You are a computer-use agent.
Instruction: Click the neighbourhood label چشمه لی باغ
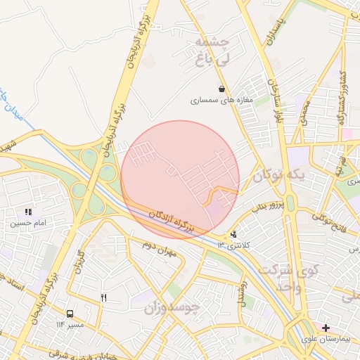tap(212, 51)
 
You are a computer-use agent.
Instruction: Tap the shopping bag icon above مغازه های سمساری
tap(222, 89)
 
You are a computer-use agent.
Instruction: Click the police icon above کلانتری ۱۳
tap(233, 234)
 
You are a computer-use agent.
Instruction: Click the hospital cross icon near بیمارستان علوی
tap(326, 328)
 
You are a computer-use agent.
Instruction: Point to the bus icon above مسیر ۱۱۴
tap(70, 314)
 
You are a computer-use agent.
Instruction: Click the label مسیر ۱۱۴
tap(70, 325)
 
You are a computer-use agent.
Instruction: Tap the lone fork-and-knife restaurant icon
tap(104, 297)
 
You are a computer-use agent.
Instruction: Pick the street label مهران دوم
tap(157, 245)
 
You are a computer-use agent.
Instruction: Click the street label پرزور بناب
tap(267, 205)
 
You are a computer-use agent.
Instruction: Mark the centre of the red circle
tap(180, 179)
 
